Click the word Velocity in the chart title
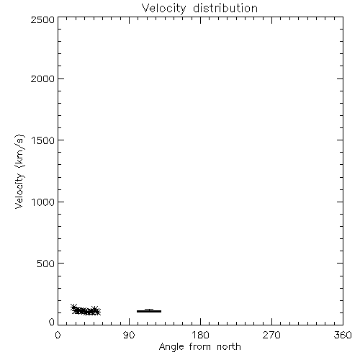point(163,9)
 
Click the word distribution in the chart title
point(225,8)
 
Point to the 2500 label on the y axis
point(42,19)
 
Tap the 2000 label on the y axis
point(42,78)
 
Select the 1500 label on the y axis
point(43,140)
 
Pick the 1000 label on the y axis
point(43,202)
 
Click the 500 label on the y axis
point(45,264)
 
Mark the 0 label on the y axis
point(52,322)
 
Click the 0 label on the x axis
point(58,335)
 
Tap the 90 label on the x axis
point(129,335)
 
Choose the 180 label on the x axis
point(200,335)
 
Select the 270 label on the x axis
point(271,335)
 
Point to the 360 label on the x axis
point(343,335)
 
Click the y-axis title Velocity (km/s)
point(19,171)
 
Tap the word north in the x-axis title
point(229,347)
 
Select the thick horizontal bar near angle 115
point(149,311)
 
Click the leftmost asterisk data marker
point(73,307)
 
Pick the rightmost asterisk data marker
point(97,312)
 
